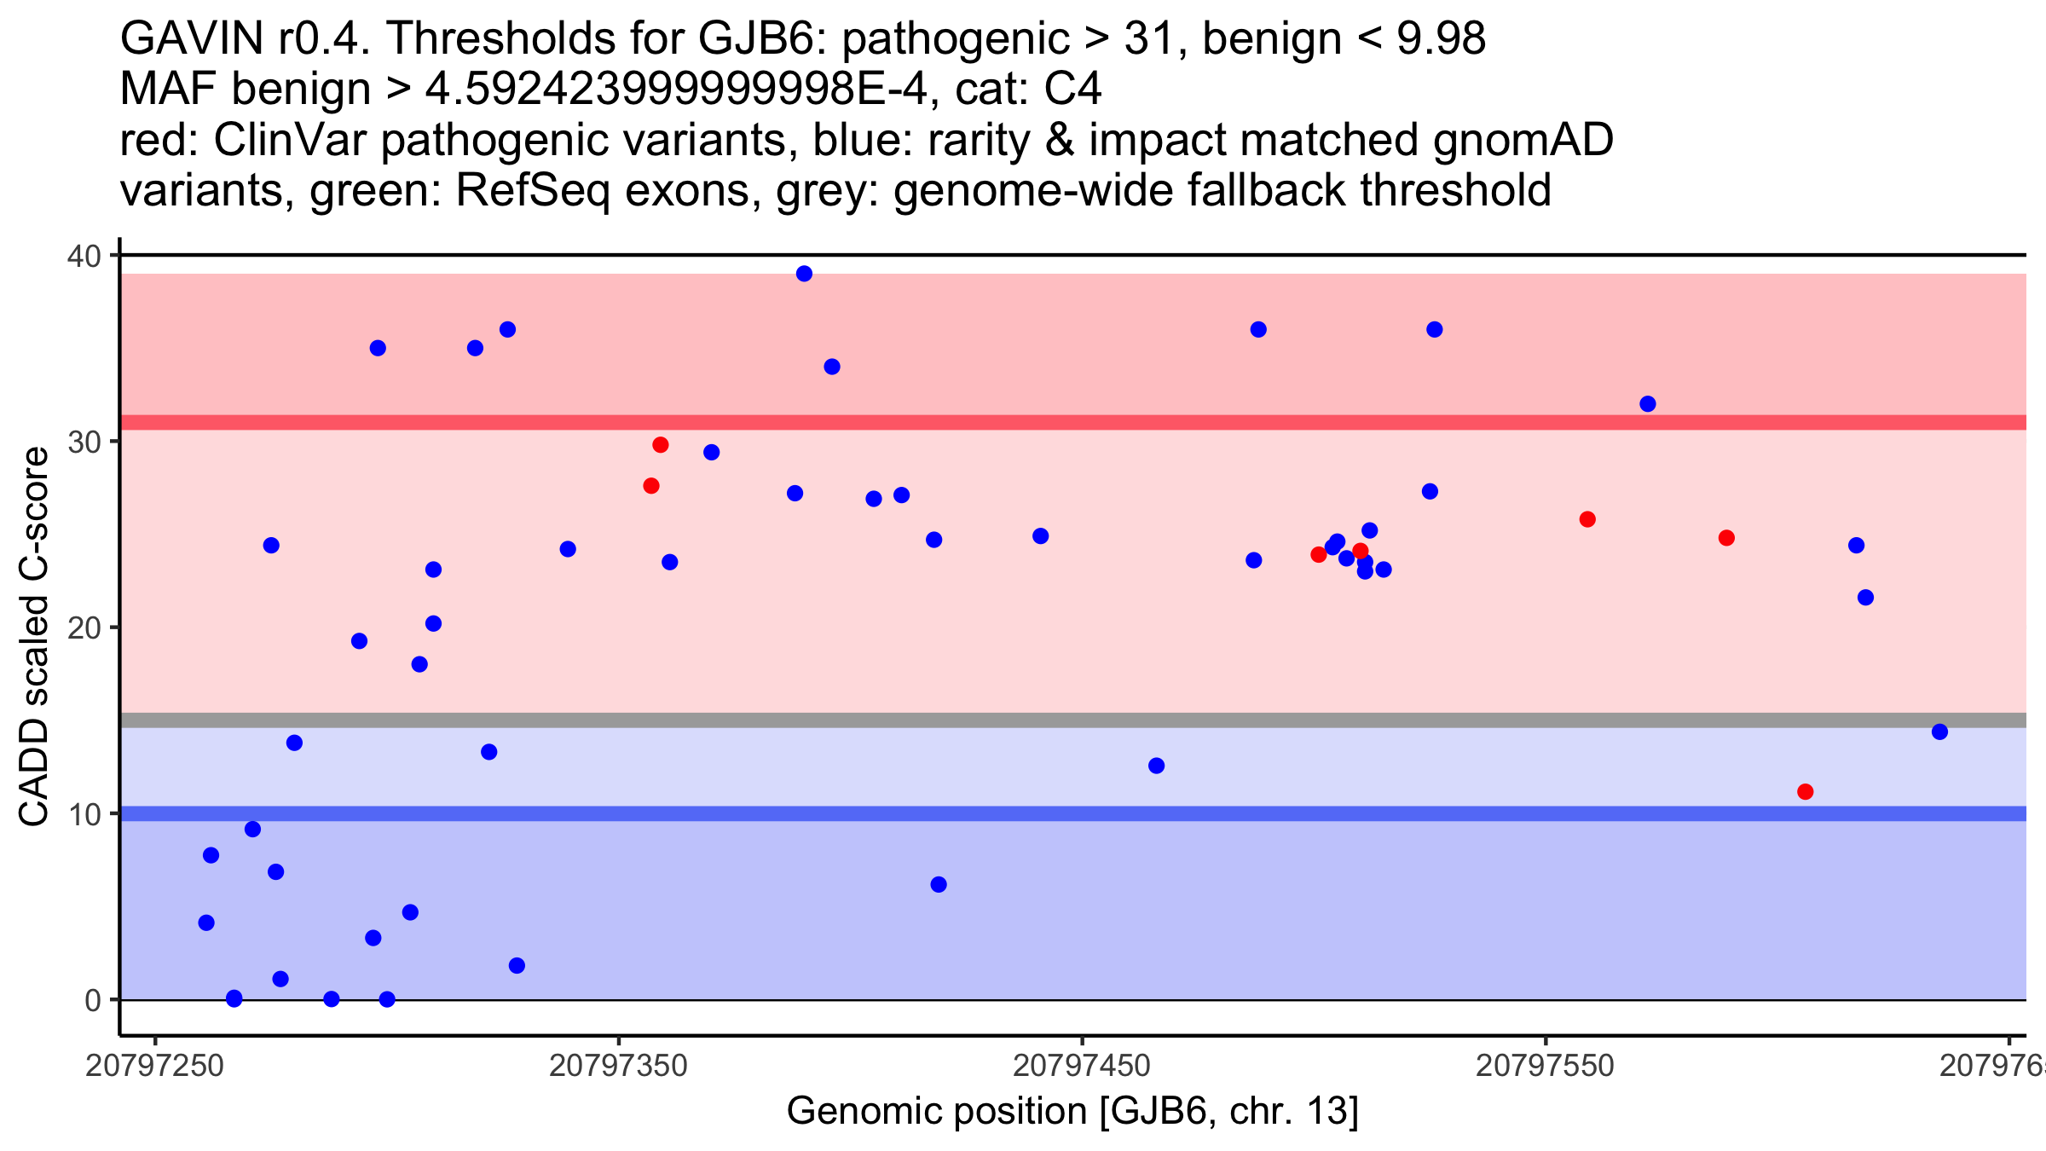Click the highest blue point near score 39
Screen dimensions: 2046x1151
804,274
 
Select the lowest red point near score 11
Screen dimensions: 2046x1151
1805,792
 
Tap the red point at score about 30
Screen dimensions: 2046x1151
661,445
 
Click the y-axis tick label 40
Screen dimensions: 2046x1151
84,256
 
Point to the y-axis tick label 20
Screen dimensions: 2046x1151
84,628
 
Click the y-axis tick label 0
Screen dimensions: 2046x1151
92,1000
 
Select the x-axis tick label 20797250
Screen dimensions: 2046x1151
154,1066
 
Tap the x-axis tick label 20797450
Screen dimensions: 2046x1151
1082,1066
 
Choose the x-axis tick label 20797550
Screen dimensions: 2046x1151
1546,1066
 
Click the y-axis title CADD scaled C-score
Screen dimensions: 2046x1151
34,637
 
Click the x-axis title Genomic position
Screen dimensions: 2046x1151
1072,1112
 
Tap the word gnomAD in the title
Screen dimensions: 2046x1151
1523,142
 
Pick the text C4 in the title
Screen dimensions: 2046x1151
1073,90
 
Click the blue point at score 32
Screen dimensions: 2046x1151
1648,404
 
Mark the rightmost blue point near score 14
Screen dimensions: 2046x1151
1939,732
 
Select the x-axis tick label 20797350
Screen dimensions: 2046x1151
618,1066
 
